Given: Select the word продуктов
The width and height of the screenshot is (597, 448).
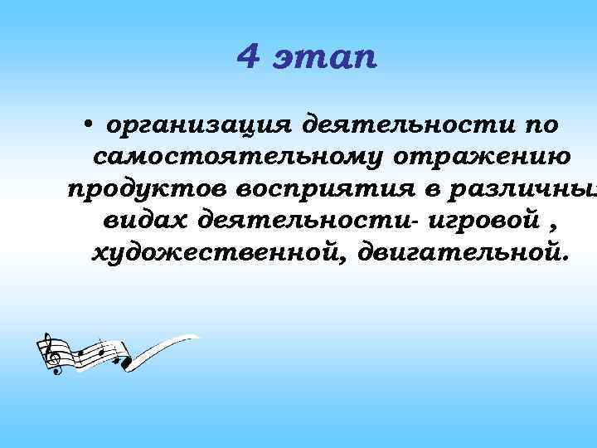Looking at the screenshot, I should tap(148, 189).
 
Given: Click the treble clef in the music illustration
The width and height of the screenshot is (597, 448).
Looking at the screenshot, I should tap(51, 353).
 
